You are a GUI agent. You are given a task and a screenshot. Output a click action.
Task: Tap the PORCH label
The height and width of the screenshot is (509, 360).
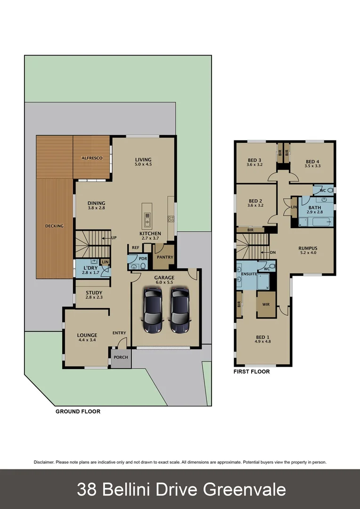click(121, 357)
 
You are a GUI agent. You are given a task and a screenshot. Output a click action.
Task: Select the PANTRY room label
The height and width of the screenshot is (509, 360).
click(165, 257)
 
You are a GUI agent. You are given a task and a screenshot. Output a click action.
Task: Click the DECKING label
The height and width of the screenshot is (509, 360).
click(54, 226)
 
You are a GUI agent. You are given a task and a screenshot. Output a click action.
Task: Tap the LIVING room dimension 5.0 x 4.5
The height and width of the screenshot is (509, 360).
click(143, 164)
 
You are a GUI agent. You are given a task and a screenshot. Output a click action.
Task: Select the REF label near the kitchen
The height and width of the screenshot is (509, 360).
click(135, 247)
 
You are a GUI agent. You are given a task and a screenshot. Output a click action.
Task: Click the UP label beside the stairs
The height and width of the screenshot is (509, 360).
click(114, 238)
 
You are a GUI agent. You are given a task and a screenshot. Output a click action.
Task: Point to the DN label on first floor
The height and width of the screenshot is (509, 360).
click(273, 252)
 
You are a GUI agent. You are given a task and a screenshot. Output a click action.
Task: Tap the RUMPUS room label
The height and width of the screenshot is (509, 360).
click(308, 248)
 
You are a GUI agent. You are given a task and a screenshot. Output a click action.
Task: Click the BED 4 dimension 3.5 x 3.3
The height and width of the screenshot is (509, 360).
click(312, 166)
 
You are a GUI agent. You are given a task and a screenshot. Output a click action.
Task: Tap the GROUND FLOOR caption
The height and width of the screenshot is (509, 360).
click(78, 411)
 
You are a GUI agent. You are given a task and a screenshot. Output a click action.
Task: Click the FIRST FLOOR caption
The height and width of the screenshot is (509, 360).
click(252, 372)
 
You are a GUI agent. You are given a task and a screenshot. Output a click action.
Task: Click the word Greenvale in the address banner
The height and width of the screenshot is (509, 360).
click(245, 490)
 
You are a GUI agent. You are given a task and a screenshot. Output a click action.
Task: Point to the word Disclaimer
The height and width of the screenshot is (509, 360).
click(43, 462)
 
